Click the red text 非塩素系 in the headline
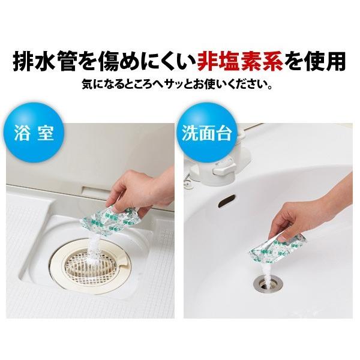240,61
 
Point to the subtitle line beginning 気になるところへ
177,85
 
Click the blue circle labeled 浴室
34,133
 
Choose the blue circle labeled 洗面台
206,133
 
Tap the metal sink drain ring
268,284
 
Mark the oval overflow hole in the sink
227,200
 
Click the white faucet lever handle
223,169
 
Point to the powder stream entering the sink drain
268,273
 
